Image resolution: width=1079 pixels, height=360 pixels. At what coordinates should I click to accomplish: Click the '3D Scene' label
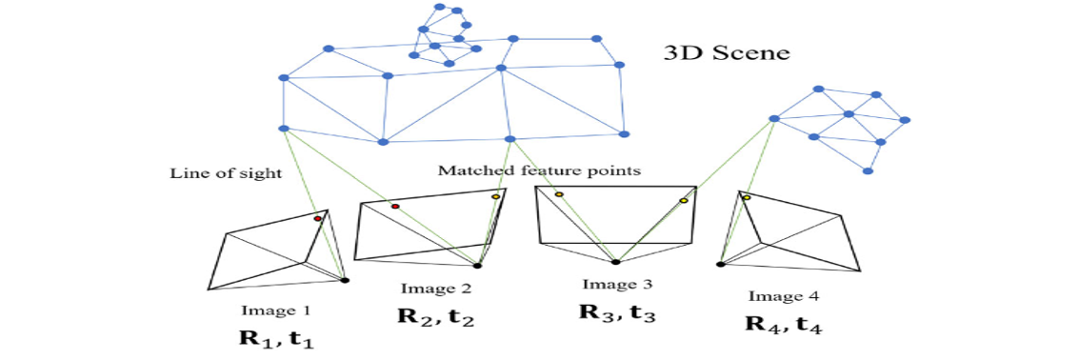726,52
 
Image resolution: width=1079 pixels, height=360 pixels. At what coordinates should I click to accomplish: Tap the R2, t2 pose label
435,317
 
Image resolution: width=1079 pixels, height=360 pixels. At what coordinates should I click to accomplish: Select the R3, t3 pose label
617,311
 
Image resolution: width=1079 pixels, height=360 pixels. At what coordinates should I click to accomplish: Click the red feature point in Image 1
318,219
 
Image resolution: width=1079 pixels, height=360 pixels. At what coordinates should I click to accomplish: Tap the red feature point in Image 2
395,206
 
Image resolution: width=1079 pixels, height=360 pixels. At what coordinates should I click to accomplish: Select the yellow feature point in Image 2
495,196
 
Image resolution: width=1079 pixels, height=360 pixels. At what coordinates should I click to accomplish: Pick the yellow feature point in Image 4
747,198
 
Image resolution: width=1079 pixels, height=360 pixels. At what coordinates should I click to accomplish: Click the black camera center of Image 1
345,280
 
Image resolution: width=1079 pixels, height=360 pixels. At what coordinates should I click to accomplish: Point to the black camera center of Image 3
616,261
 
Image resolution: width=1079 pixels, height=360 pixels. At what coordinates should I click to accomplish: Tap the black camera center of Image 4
721,264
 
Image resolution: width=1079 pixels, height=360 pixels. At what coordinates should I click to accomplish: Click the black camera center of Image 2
477,266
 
